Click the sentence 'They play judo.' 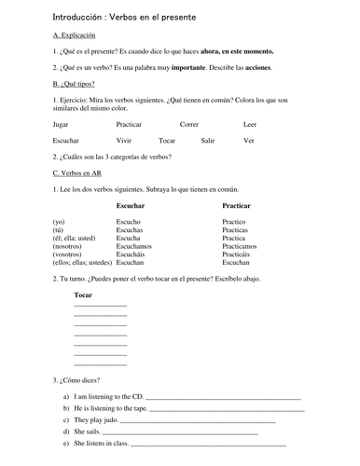click(94, 420)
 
